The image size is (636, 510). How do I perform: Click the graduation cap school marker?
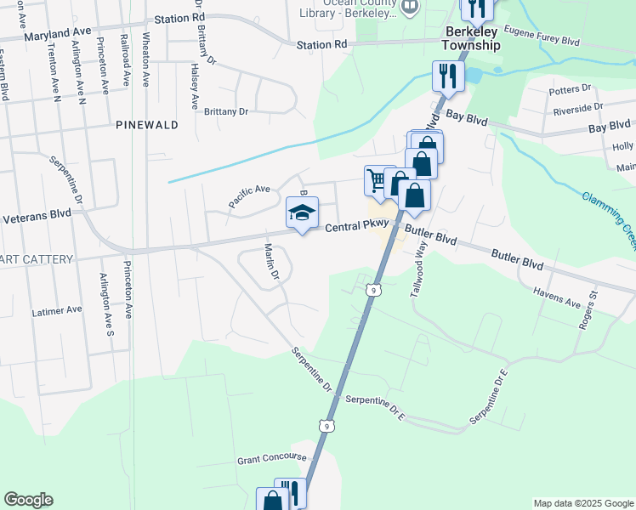point(301,213)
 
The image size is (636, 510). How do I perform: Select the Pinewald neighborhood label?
point(147,124)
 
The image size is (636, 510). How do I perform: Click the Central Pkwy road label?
point(358,227)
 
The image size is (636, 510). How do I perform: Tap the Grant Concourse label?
point(271,458)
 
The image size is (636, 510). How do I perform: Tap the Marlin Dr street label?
point(270,263)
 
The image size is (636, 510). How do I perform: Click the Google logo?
point(28,500)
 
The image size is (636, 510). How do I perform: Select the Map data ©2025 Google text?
point(582,503)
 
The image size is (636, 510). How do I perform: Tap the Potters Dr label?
point(571,88)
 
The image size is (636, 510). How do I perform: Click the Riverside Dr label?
point(577,107)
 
